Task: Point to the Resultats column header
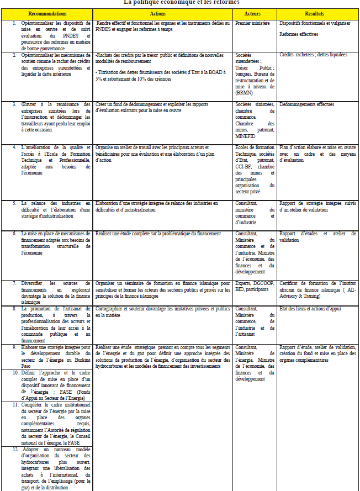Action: [x=317, y=13]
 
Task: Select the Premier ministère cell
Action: [x=252, y=24]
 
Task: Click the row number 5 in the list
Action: [x=15, y=203]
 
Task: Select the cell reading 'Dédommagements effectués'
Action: [x=306, y=104]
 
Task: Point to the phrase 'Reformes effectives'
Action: [x=299, y=34]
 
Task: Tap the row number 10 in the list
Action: [x=15, y=373]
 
